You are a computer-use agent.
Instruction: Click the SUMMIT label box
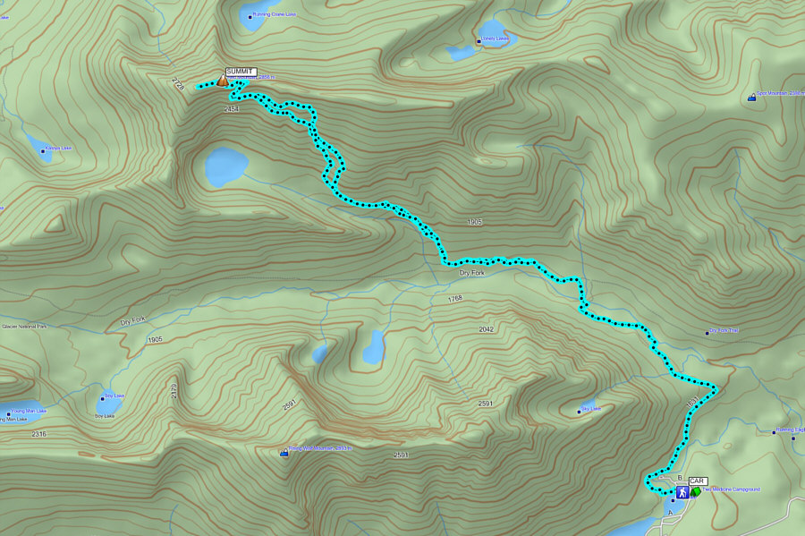point(241,72)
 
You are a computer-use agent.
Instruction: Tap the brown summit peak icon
point(222,81)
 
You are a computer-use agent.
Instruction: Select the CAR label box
point(698,481)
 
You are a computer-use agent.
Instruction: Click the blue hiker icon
point(682,492)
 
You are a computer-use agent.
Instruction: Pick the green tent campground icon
point(695,492)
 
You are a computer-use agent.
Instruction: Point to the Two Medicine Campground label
point(731,489)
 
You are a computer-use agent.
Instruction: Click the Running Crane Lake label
point(274,15)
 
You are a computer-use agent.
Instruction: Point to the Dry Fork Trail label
point(724,332)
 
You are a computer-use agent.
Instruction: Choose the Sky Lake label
point(590,410)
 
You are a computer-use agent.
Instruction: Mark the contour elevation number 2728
point(178,84)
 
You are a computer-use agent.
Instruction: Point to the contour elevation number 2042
point(485,329)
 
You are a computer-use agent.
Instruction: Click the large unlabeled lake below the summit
point(225,167)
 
